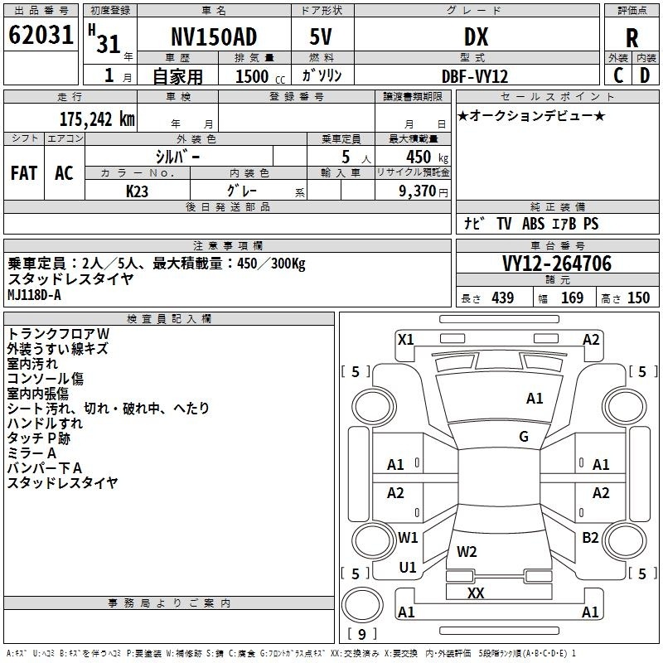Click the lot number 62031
(41, 35)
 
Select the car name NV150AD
(214, 36)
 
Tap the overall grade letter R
(632, 38)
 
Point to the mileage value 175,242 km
(97, 119)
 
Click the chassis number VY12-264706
(557, 264)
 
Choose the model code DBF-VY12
(475, 76)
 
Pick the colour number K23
(137, 191)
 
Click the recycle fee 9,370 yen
(423, 191)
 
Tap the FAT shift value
(24, 173)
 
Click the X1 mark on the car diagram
(406, 340)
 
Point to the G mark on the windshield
(524, 437)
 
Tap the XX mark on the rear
(476, 593)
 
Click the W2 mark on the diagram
(467, 551)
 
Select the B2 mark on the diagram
(590, 538)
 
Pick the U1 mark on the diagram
(408, 568)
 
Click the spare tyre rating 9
(362, 634)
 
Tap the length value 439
(503, 298)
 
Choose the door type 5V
(321, 36)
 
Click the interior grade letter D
(645, 75)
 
